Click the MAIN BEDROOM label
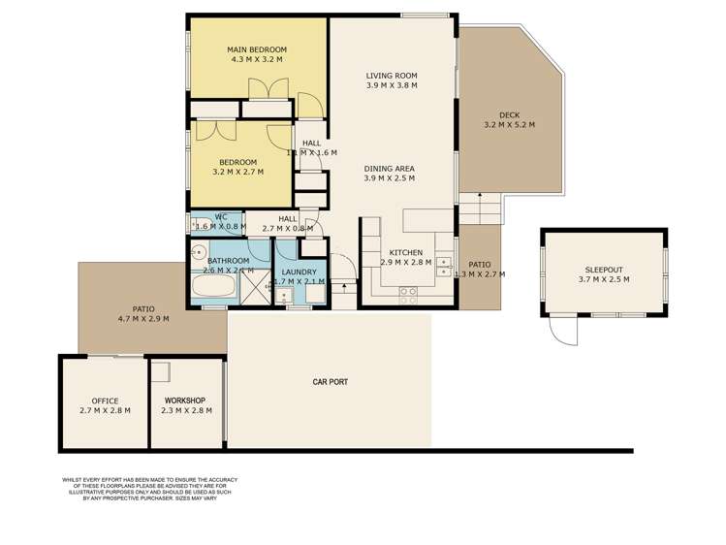[x=257, y=49]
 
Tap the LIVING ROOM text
[x=392, y=76]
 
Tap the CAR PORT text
[x=331, y=382]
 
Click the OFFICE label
[x=105, y=401]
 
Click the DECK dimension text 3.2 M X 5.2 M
[x=509, y=125]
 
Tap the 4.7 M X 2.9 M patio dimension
[x=143, y=318]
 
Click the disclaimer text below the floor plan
[x=148, y=489]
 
